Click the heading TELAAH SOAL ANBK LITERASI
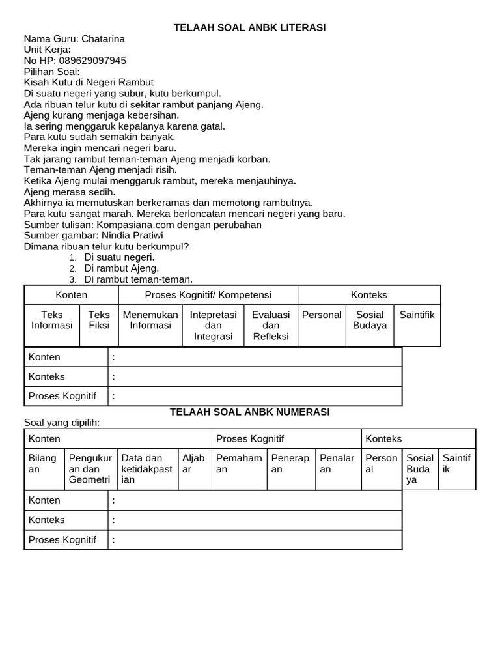click(x=249, y=27)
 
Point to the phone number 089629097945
click(x=92, y=61)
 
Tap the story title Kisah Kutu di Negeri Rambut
click(x=89, y=82)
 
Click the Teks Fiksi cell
click(x=99, y=320)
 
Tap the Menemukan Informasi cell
click(x=150, y=320)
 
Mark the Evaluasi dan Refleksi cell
click(x=271, y=325)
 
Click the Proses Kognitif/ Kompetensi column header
click(x=208, y=295)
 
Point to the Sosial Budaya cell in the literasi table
click(x=370, y=320)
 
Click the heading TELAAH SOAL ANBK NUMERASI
click(x=249, y=412)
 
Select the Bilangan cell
click(x=44, y=464)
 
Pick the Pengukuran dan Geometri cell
click(x=90, y=469)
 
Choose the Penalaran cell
click(x=337, y=464)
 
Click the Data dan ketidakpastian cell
click(x=147, y=469)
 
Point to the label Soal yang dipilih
click(x=62, y=423)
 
